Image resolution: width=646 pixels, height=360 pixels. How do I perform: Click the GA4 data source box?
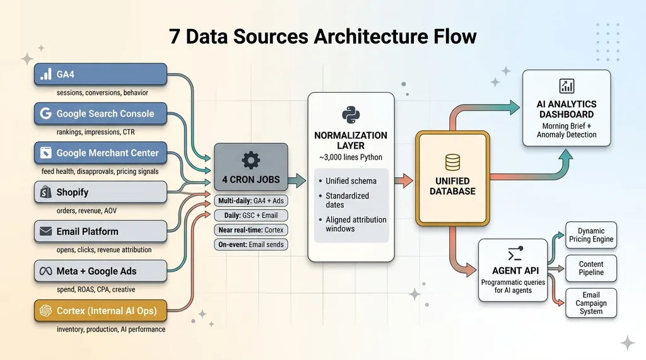click(x=100, y=74)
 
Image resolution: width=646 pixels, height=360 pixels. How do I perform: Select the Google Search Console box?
click(x=100, y=113)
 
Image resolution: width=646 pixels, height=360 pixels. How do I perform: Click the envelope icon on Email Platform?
click(x=45, y=231)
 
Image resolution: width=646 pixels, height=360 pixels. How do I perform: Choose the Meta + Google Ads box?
click(x=100, y=271)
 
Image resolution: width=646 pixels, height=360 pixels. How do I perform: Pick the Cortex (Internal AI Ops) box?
click(x=100, y=311)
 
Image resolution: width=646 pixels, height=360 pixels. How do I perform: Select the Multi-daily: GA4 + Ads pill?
click(x=250, y=201)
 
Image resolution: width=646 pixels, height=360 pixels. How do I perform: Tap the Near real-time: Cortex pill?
click(x=250, y=230)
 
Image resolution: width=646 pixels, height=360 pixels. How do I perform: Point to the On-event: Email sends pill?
click(x=250, y=245)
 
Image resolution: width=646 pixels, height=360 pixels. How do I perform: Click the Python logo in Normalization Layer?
click(x=350, y=115)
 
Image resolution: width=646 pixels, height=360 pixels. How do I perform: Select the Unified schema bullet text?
click(x=351, y=181)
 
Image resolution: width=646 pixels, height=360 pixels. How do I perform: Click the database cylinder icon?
click(x=452, y=163)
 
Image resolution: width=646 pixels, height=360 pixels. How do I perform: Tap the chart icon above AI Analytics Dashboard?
click(x=566, y=86)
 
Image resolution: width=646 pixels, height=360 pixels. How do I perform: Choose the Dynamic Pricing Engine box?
click(x=590, y=235)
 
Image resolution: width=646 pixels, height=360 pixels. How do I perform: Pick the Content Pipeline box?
click(x=590, y=268)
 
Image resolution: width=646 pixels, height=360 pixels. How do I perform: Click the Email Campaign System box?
click(x=590, y=303)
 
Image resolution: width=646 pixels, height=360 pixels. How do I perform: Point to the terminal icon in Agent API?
click(x=514, y=255)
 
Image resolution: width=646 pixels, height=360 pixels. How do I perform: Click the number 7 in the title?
click(x=175, y=36)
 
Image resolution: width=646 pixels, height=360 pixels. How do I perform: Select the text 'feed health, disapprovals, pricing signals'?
click(x=100, y=171)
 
